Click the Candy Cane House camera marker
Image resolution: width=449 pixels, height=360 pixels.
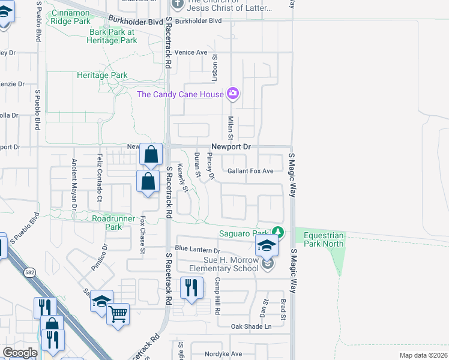point(233,93)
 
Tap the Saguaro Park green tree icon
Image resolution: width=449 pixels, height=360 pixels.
point(277,232)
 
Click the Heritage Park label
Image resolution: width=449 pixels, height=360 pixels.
point(102,75)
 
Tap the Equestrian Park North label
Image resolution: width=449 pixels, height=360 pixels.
point(324,239)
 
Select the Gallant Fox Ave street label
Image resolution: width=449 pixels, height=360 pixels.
point(250,171)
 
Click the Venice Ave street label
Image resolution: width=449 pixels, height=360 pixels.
point(191,52)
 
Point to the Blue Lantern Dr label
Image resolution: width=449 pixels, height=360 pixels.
point(197,249)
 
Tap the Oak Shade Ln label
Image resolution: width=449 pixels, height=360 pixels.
point(252,326)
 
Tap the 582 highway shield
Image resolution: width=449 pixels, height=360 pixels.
point(29,272)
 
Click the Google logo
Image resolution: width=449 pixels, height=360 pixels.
point(20,353)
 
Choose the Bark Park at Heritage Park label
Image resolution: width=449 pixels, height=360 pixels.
point(113,36)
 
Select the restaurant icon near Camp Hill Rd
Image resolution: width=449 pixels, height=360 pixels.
point(191,287)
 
